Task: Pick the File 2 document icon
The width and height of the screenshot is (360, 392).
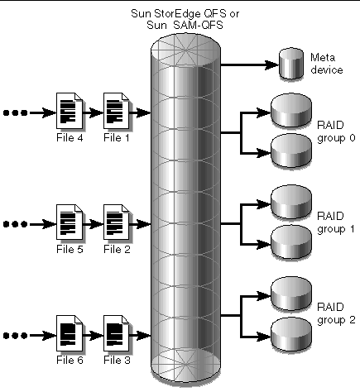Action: [x=117, y=221]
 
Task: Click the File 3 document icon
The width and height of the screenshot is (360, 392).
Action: [x=117, y=328]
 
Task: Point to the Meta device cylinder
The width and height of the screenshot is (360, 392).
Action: [x=290, y=65]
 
